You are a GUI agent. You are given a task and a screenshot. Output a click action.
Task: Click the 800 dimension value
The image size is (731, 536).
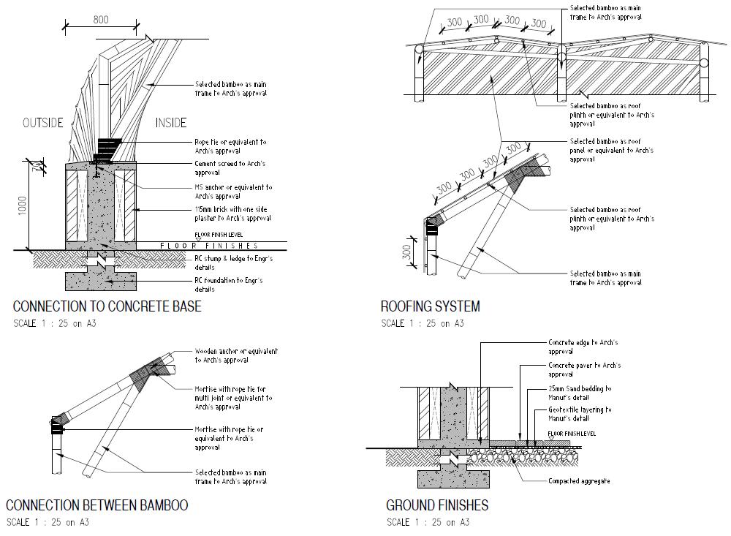click(x=101, y=20)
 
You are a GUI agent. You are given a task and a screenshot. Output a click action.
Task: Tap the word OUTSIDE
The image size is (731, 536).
click(x=42, y=123)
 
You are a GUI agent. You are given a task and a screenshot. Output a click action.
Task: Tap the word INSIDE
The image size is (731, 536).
click(x=171, y=123)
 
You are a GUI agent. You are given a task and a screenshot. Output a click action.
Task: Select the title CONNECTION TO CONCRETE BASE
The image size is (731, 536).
click(x=107, y=306)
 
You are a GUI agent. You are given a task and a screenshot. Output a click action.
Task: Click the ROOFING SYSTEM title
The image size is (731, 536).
click(x=430, y=306)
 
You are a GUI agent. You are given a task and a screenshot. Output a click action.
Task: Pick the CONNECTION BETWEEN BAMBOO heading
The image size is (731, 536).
click(x=96, y=505)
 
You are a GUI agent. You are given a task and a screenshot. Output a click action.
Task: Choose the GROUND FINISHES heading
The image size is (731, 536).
click(x=437, y=505)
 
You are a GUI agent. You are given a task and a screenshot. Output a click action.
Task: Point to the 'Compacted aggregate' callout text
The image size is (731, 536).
click(x=579, y=481)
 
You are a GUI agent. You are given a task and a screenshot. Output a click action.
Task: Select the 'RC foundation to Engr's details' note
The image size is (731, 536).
click(x=228, y=284)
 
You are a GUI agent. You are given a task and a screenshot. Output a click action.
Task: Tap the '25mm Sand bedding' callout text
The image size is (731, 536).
click(x=580, y=393)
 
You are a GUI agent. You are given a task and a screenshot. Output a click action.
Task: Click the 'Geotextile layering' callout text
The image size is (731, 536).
click(x=580, y=414)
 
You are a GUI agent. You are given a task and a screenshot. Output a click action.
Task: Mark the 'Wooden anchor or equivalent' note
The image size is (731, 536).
click(x=236, y=355)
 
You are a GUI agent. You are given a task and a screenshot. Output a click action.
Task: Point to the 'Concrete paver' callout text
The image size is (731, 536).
click(x=584, y=369)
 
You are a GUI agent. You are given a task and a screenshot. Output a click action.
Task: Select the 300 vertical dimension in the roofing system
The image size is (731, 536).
click(x=406, y=252)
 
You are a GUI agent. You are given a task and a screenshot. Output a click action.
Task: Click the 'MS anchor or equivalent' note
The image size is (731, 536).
click(x=232, y=192)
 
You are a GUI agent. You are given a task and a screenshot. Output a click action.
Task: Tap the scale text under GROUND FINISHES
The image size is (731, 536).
click(x=428, y=522)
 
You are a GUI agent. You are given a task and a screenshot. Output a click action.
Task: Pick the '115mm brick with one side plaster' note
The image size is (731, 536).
click(x=232, y=214)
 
